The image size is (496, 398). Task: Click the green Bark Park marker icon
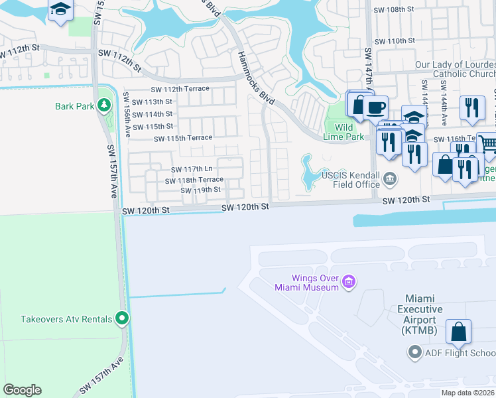pos(103,105)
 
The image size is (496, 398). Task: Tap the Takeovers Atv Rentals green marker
pos(121,319)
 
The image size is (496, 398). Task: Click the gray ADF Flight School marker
pos(415,352)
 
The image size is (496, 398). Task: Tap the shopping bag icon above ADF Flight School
pos(458,332)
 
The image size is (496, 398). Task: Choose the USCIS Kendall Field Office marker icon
pos(390,176)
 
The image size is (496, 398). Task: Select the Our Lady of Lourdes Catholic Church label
pos(455,69)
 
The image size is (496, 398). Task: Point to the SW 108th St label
pos(394,10)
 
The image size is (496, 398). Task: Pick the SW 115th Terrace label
pos(183,138)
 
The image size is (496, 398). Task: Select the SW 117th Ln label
pos(192,170)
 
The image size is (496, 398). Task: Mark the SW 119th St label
pos(200,190)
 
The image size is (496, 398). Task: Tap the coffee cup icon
pos(375,107)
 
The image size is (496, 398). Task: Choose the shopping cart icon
pos(487,144)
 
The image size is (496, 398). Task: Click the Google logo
pos(22,390)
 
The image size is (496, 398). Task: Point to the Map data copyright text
pos(467,393)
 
